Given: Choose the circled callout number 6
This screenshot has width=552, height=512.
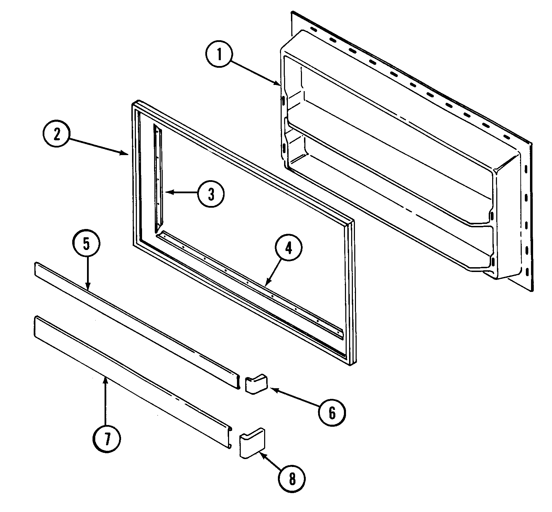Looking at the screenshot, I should click(332, 413).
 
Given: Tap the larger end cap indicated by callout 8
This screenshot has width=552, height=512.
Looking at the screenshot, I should click(252, 443).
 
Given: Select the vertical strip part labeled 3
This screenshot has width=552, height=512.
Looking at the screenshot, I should click(158, 179).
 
